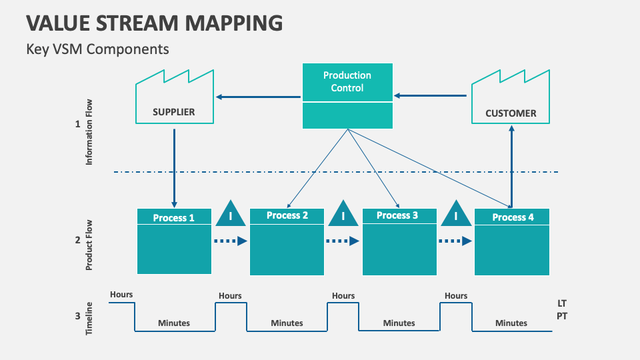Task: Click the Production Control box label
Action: tap(347, 81)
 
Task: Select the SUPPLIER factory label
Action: tap(174, 112)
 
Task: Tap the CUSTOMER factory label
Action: tap(511, 113)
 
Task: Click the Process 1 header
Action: tap(174, 217)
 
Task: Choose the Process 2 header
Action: tap(287, 215)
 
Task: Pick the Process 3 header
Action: tap(397, 215)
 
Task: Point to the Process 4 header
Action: tap(513, 217)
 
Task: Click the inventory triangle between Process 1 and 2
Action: tap(231, 213)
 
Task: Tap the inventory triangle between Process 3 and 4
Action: tap(456, 213)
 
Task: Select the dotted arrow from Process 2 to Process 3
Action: tap(343, 241)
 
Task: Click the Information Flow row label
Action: tap(89, 132)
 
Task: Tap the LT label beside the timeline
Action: tap(562, 303)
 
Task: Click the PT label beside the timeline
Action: tap(562, 316)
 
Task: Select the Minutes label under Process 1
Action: tap(174, 323)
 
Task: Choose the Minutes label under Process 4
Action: tap(511, 323)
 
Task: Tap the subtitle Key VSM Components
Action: tap(98, 49)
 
